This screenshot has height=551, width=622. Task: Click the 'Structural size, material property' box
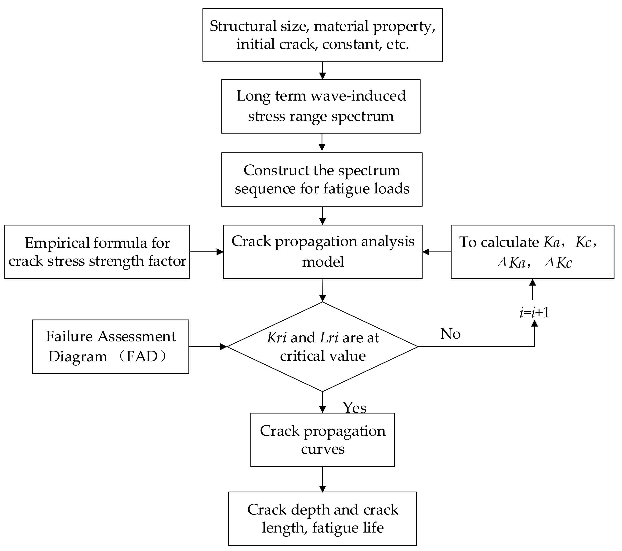click(322, 35)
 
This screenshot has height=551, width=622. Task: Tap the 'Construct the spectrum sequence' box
click(322, 179)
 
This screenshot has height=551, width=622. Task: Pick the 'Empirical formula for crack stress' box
click(97, 252)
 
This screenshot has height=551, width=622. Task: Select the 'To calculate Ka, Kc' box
click(532, 252)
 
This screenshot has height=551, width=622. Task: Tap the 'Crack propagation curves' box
click(322, 440)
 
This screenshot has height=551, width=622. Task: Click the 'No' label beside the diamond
click(450, 334)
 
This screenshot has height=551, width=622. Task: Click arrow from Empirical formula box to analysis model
click(207, 252)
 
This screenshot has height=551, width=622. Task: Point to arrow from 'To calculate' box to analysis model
click(436, 252)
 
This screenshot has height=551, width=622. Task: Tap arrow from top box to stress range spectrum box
click(322, 71)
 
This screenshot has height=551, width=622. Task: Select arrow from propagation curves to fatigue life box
click(322, 479)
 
